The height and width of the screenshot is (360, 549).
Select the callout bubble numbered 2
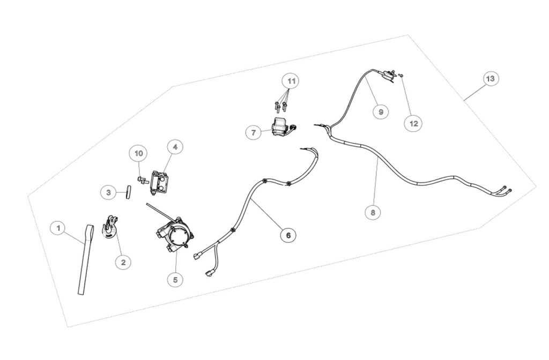point(124,262)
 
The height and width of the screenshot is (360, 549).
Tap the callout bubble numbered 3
point(108,192)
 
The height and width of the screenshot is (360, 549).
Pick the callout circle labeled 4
point(175,147)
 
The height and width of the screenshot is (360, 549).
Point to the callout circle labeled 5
point(175,279)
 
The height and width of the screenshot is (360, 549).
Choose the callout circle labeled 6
point(288,235)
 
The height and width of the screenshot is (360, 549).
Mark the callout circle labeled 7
point(254,133)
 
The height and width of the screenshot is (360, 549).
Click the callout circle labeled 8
point(373,212)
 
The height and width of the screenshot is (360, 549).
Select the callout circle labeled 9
point(381,111)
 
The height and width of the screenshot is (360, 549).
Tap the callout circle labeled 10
point(139,153)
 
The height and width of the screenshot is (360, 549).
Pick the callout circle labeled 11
point(291,81)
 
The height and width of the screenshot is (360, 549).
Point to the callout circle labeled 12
point(413,124)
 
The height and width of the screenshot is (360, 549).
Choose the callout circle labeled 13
point(491,79)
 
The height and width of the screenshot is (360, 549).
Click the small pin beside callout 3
point(129,192)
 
